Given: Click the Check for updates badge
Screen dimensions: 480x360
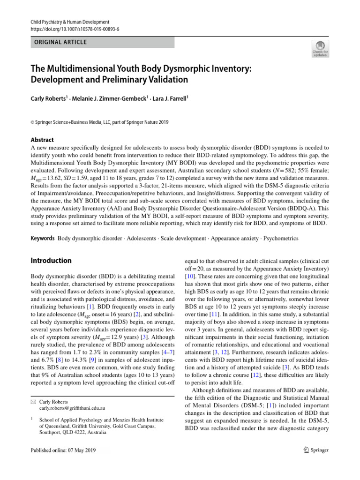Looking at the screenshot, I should click(320, 48).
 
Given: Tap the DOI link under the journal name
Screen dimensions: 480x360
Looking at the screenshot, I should click(75, 29).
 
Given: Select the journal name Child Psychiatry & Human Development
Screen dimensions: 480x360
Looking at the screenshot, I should click(70, 22).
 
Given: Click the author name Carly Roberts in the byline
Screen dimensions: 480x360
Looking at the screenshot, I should click(49, 99).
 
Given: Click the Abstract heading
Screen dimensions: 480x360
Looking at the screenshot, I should click(42, 140).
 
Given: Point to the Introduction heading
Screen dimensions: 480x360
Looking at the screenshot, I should click(51, 261).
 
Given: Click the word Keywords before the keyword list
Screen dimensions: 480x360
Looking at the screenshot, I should click(43, 238).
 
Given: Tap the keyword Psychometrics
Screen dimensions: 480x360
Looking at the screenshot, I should click(281, 238).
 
